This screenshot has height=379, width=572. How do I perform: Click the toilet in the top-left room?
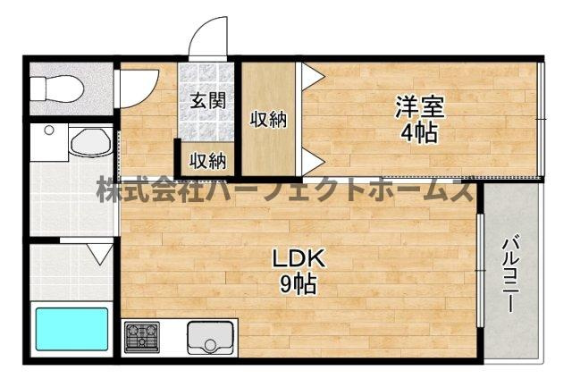point(55,88)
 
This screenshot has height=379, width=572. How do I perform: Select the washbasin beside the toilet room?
point(88,141)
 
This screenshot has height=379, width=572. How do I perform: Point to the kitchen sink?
point(210,338)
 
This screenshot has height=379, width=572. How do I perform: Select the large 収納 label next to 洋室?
point(267,118)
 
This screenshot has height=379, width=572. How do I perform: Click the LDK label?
point(299,260)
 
